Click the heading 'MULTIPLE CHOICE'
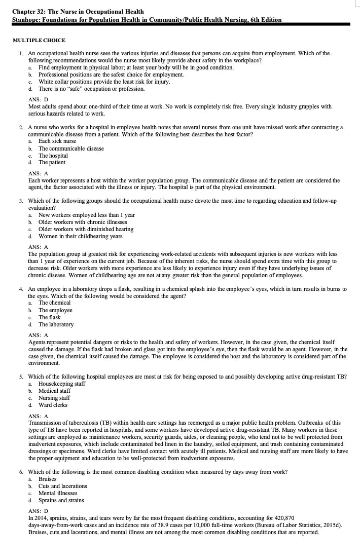[x=39, y=41]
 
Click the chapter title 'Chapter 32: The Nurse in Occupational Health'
[x=78, y=12]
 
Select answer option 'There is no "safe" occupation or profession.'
[x=91, y=89]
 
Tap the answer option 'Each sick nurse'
[x=57, y=141]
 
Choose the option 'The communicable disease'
[x=71, y=148]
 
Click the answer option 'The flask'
[x=49, y=317]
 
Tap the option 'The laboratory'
[x=56, y=324]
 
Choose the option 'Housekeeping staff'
[x=62, y=384]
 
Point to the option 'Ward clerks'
[x=53, y=405]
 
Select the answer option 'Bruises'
[x=48, y=479]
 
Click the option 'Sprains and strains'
[x=61, y=500]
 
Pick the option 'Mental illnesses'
[x=58, y=493]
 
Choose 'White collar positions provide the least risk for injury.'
[x=104, y=82]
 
